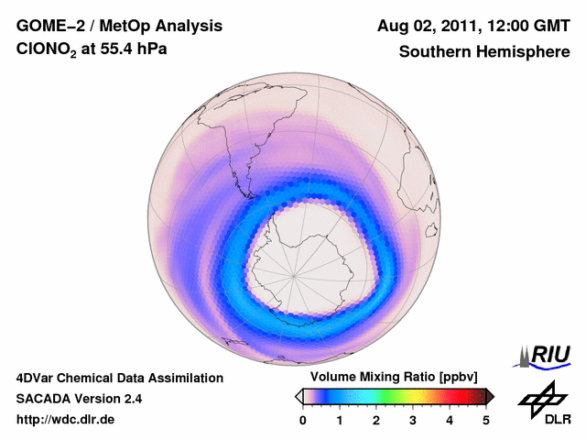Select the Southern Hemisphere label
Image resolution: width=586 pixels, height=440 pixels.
point(483,52)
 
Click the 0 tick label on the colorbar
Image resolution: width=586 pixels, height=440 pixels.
point(303,420)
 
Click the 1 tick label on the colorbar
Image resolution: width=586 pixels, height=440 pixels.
point(340,420)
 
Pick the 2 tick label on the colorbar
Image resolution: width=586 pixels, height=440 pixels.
point(376,420)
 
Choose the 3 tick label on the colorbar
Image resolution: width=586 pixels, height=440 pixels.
point(413,420)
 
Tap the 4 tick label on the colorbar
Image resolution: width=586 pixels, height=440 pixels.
point(450,420)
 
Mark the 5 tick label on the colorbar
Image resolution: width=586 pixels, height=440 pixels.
point(486,420)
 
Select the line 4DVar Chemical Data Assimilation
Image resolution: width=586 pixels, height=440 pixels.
point(119,378)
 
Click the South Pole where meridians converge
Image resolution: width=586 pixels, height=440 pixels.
point(294,275)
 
